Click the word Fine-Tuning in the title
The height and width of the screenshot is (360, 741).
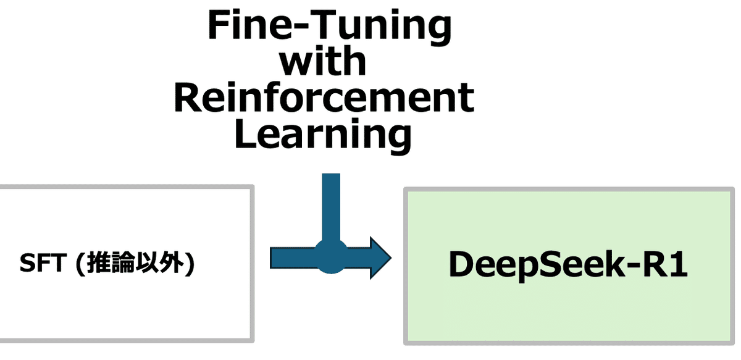coord(329,26)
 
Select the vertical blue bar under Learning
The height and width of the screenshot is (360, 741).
coord(331,204)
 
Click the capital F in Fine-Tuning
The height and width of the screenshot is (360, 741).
coord(219,27)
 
